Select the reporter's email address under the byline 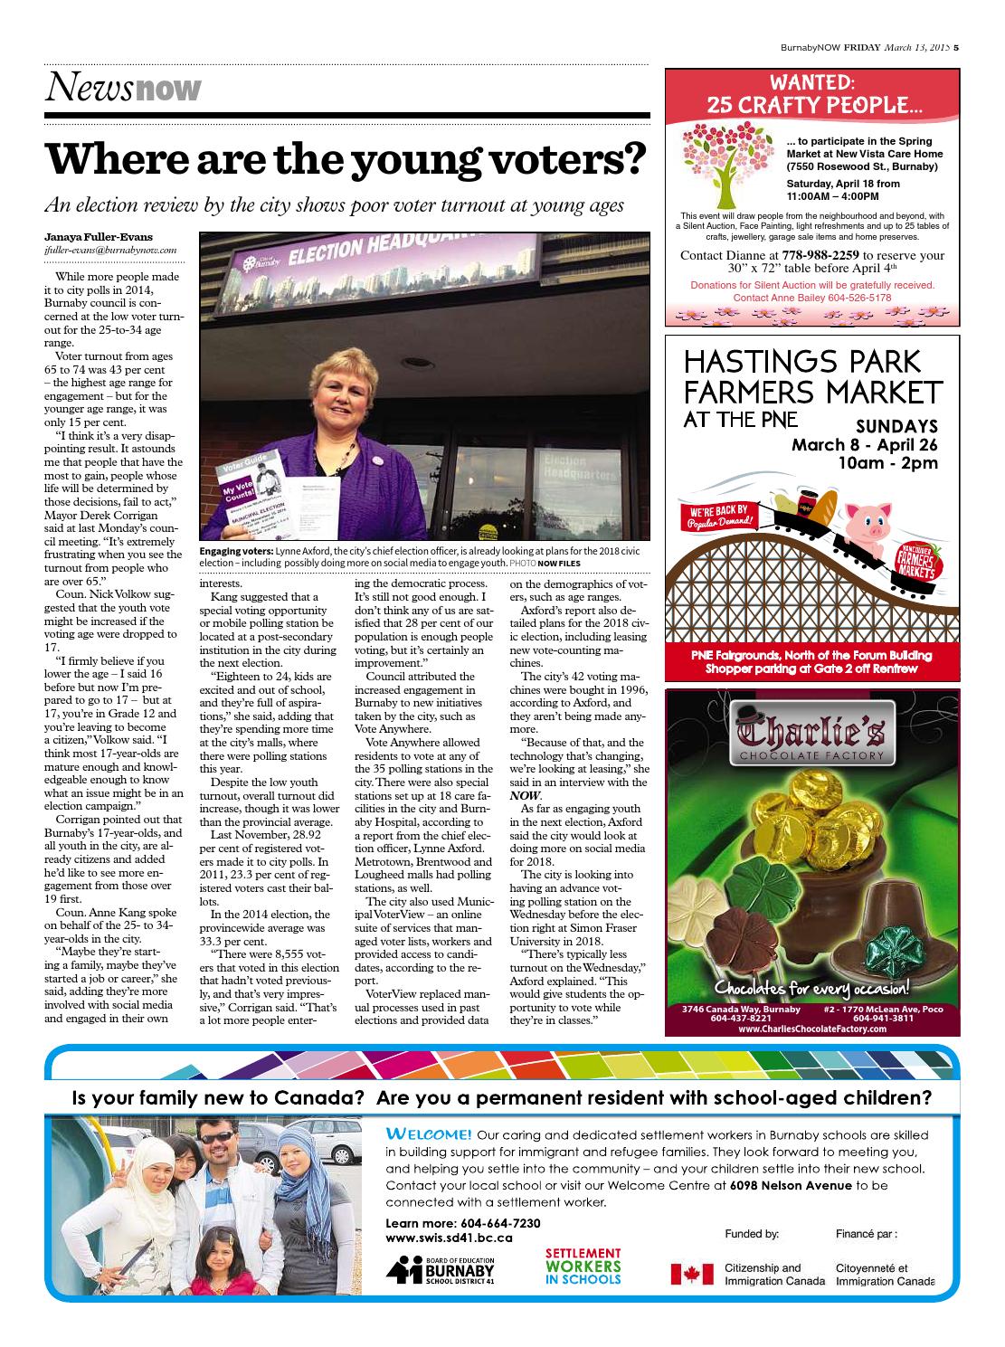point(109,250)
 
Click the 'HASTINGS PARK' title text point(802,362)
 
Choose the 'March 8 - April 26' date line point(864,445)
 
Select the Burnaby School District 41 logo point(452,1270)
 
